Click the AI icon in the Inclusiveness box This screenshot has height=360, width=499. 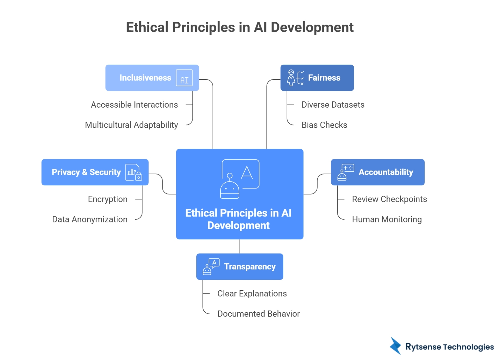click(x=184, y=78)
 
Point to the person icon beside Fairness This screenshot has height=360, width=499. click(x=291, y=78)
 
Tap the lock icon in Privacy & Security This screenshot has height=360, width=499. click(x=139, y=176)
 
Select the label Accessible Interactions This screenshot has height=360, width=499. click(x=134, y=105)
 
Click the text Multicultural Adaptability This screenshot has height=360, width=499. click(x=132, y=125)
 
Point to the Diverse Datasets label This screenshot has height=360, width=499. click(x=333, y=105)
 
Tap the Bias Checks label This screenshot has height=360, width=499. click(x=324, y=125)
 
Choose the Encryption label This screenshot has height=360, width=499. click(x=107, y=199)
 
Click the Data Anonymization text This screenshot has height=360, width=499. click(x=90, y=219)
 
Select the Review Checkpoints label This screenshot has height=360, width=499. click(x=389, y=199)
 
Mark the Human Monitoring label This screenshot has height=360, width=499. click(x=387, y=219)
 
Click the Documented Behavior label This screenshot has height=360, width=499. click(x=258, y=314)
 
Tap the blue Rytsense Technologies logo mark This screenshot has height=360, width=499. click(x=396, y=346)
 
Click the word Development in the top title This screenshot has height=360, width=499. click(x=312, y=27)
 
